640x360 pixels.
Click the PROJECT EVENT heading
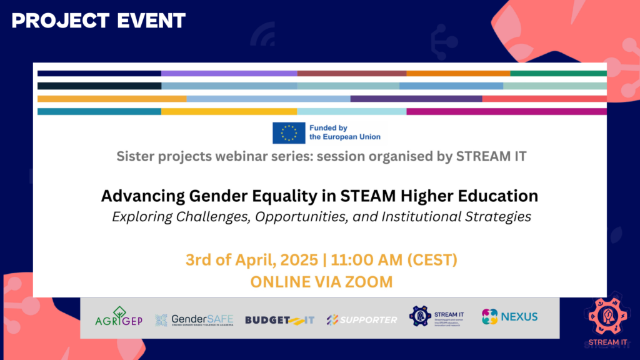(x=99, y=20)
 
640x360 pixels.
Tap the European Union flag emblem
(x=289, y=132)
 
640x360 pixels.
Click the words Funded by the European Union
(x=344, y=132)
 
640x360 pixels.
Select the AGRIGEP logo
(x=119, y=317)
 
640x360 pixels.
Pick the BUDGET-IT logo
(x=279, y=320)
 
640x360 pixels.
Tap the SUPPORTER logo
(x=361, y=320)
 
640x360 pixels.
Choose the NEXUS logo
(x=509, y=317)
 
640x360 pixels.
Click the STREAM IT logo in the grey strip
(x=435, y=317)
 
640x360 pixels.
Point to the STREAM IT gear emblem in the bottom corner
(x=604, y=316)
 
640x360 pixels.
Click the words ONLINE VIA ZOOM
(x=321, y=281)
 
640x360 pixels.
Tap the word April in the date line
(x=255, y=259)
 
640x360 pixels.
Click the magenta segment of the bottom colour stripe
(x=506, y=112)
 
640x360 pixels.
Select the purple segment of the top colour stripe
(x=229, y=73)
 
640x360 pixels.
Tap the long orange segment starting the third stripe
(x=112, y=99)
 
